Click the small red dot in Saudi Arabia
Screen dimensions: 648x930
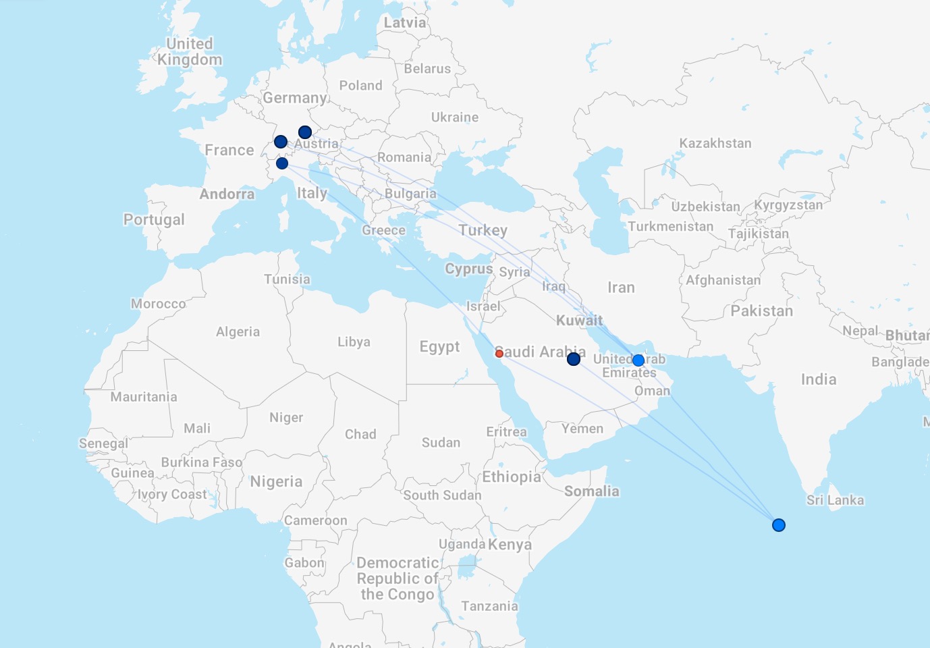point(499,353)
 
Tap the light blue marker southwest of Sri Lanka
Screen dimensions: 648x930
point(779,525)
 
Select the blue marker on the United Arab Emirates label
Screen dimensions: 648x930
point(638,360)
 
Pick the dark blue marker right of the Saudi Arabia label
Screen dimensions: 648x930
point(574,359)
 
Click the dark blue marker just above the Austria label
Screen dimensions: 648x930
point(305,132)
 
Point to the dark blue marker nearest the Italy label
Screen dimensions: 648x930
point(282,163)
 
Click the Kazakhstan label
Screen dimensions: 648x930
point(715,143)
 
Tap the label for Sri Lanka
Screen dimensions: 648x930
point(835,500)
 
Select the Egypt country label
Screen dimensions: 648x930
point(439,347)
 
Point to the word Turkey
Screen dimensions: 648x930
point(483,230)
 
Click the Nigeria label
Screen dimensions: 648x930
point(276,482)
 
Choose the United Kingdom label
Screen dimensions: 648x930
point(190,52)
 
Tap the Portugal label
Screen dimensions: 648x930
point(154,219)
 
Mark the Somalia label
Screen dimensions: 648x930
point(591,491)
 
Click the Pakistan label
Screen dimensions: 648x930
point(761,311)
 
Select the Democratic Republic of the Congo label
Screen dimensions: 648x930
point(398,578)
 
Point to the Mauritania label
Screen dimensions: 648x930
point(144,397)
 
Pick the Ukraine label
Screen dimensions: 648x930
point(455,117)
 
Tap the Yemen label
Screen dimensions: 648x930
point(582,429)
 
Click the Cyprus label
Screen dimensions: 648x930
point(468,269)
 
